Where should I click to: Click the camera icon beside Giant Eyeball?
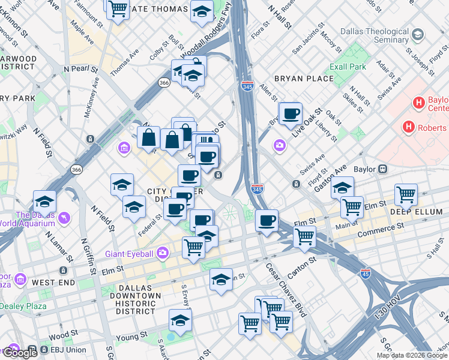[162, 253]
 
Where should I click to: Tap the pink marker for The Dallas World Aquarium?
[64, 217]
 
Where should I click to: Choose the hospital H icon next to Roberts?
[409, 127]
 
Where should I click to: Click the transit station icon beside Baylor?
[382, 170]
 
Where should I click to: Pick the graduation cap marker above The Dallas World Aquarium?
[45, 202]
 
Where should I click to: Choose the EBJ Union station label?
[67, 350]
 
